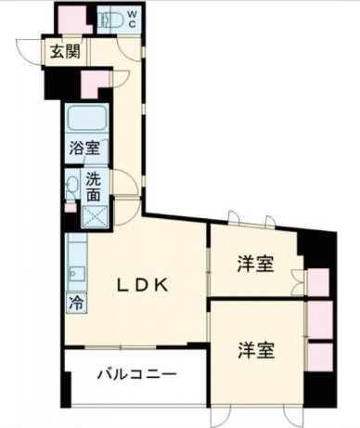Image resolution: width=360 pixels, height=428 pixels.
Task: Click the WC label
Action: click(x=132, y=19)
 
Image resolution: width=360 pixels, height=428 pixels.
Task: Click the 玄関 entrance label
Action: click(x=64, y=52)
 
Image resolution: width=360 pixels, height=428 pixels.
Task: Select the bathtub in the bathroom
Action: click(x=85, y=119)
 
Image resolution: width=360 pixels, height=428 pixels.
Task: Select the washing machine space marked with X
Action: click(x=94, y=216)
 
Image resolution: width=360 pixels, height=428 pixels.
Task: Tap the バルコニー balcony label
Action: click(x=136, y=375)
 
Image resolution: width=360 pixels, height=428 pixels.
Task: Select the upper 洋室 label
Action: click(x=254, y=265)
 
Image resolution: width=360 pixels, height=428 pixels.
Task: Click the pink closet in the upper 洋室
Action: click(x=317, y=281)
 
